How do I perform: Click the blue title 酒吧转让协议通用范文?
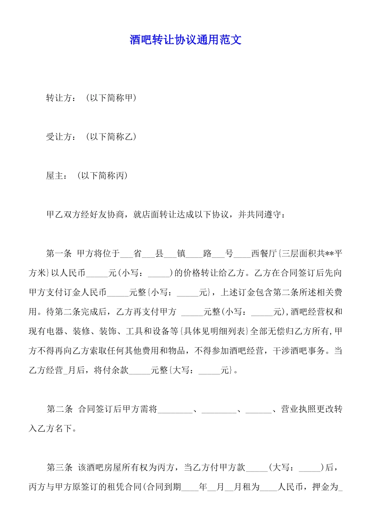185,39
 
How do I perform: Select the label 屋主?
55,176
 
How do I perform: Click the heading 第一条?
59,254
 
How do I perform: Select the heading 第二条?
59,409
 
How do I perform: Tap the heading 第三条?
59,467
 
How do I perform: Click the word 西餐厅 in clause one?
264,254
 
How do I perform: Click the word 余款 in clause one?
120,370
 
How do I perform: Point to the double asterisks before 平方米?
330,254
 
